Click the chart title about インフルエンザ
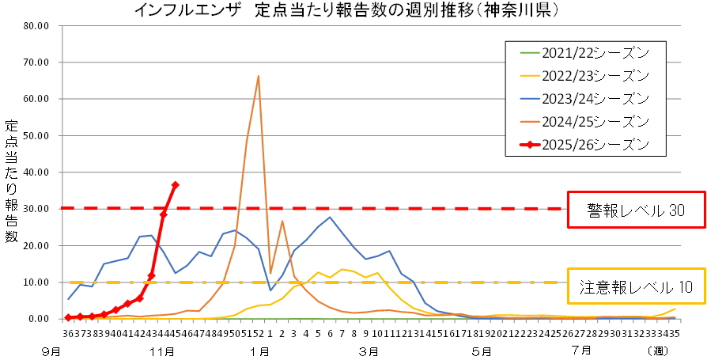coord(348,10)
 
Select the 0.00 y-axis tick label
coord(39,319)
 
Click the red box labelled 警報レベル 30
coord(635,210)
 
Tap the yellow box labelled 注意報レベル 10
coord(635,289)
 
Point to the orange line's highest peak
coord(259,76)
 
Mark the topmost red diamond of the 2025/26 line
coord(176,185)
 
